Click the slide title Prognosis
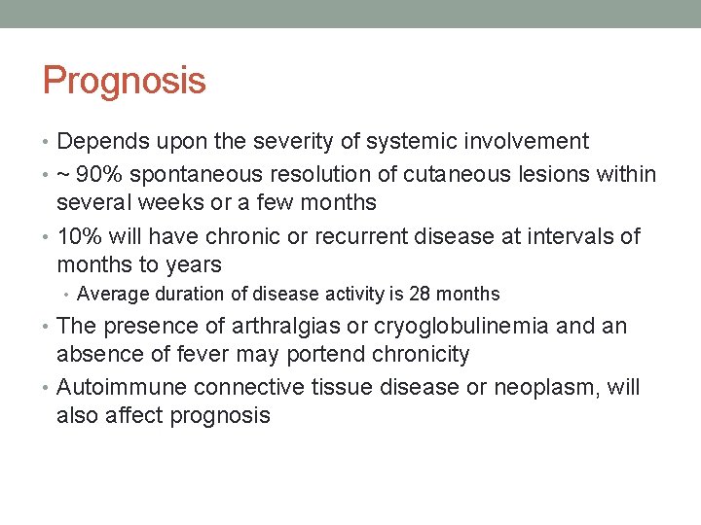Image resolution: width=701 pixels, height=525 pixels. click(124, 81)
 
